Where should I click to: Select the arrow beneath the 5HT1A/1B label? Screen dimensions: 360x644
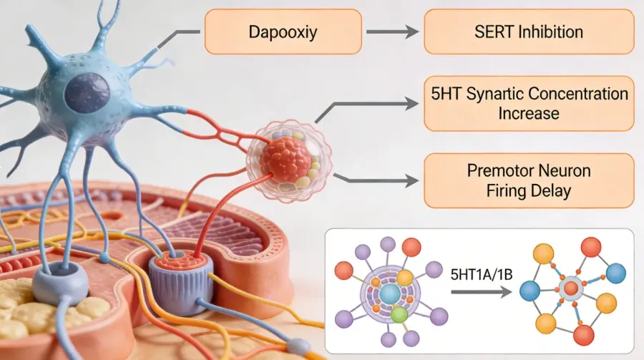tap(481, 291)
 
